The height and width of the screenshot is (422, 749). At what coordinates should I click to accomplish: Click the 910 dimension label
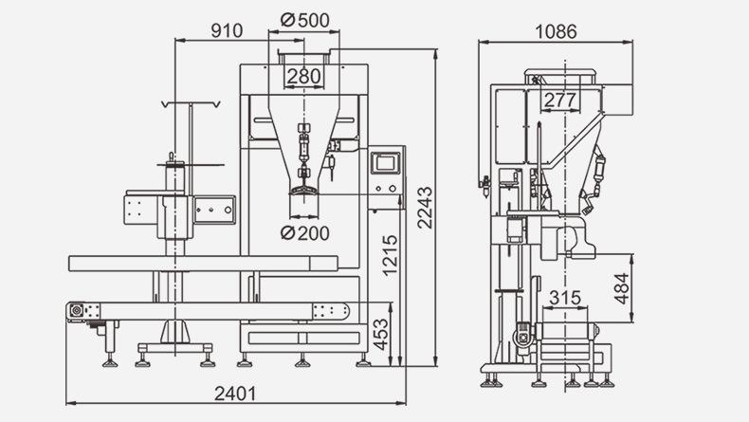click(x=227, y=30)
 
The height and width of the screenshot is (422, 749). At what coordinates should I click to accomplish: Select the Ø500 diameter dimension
click(x=305, y=20)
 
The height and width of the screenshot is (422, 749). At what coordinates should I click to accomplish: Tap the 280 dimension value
click(x=303, y=76)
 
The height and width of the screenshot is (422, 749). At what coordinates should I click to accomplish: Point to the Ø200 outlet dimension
click(x=305, y=233)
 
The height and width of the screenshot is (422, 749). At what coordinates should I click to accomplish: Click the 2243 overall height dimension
click(x=425, y=208)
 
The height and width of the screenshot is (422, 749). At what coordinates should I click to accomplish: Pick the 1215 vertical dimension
click(x=391, y=255)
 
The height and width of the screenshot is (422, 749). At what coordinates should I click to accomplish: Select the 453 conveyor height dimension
click(x=381, y=335)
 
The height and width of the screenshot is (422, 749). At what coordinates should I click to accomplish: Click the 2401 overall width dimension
click(x=235, y=394)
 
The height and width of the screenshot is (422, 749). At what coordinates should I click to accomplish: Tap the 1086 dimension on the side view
click(x=556, y=31)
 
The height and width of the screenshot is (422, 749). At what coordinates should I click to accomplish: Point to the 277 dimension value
click(x=560, y=100)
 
